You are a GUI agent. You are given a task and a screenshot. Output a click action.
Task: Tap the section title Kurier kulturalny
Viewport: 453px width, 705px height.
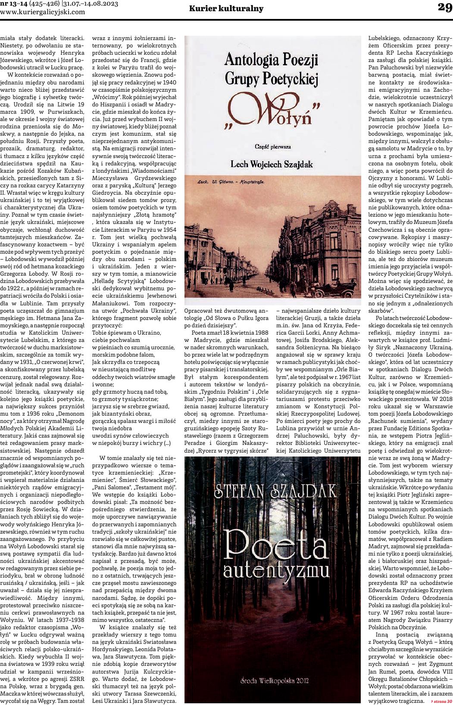[x=226, y=9]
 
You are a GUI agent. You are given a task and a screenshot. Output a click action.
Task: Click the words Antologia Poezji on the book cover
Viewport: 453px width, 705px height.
[x=272, y=58]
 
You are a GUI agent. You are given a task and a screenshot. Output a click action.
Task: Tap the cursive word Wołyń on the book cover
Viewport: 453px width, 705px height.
[x=272, y=112]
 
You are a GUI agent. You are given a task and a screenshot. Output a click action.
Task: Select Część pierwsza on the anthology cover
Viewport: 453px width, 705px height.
[x=272, y=146]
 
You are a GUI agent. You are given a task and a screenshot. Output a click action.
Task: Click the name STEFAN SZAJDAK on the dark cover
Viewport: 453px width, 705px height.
[x=272, y=490]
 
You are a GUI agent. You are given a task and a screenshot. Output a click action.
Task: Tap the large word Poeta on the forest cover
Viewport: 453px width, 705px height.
[x=272, y=546]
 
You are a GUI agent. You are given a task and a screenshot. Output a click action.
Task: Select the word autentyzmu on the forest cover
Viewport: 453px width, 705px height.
[x=272, y=571]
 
